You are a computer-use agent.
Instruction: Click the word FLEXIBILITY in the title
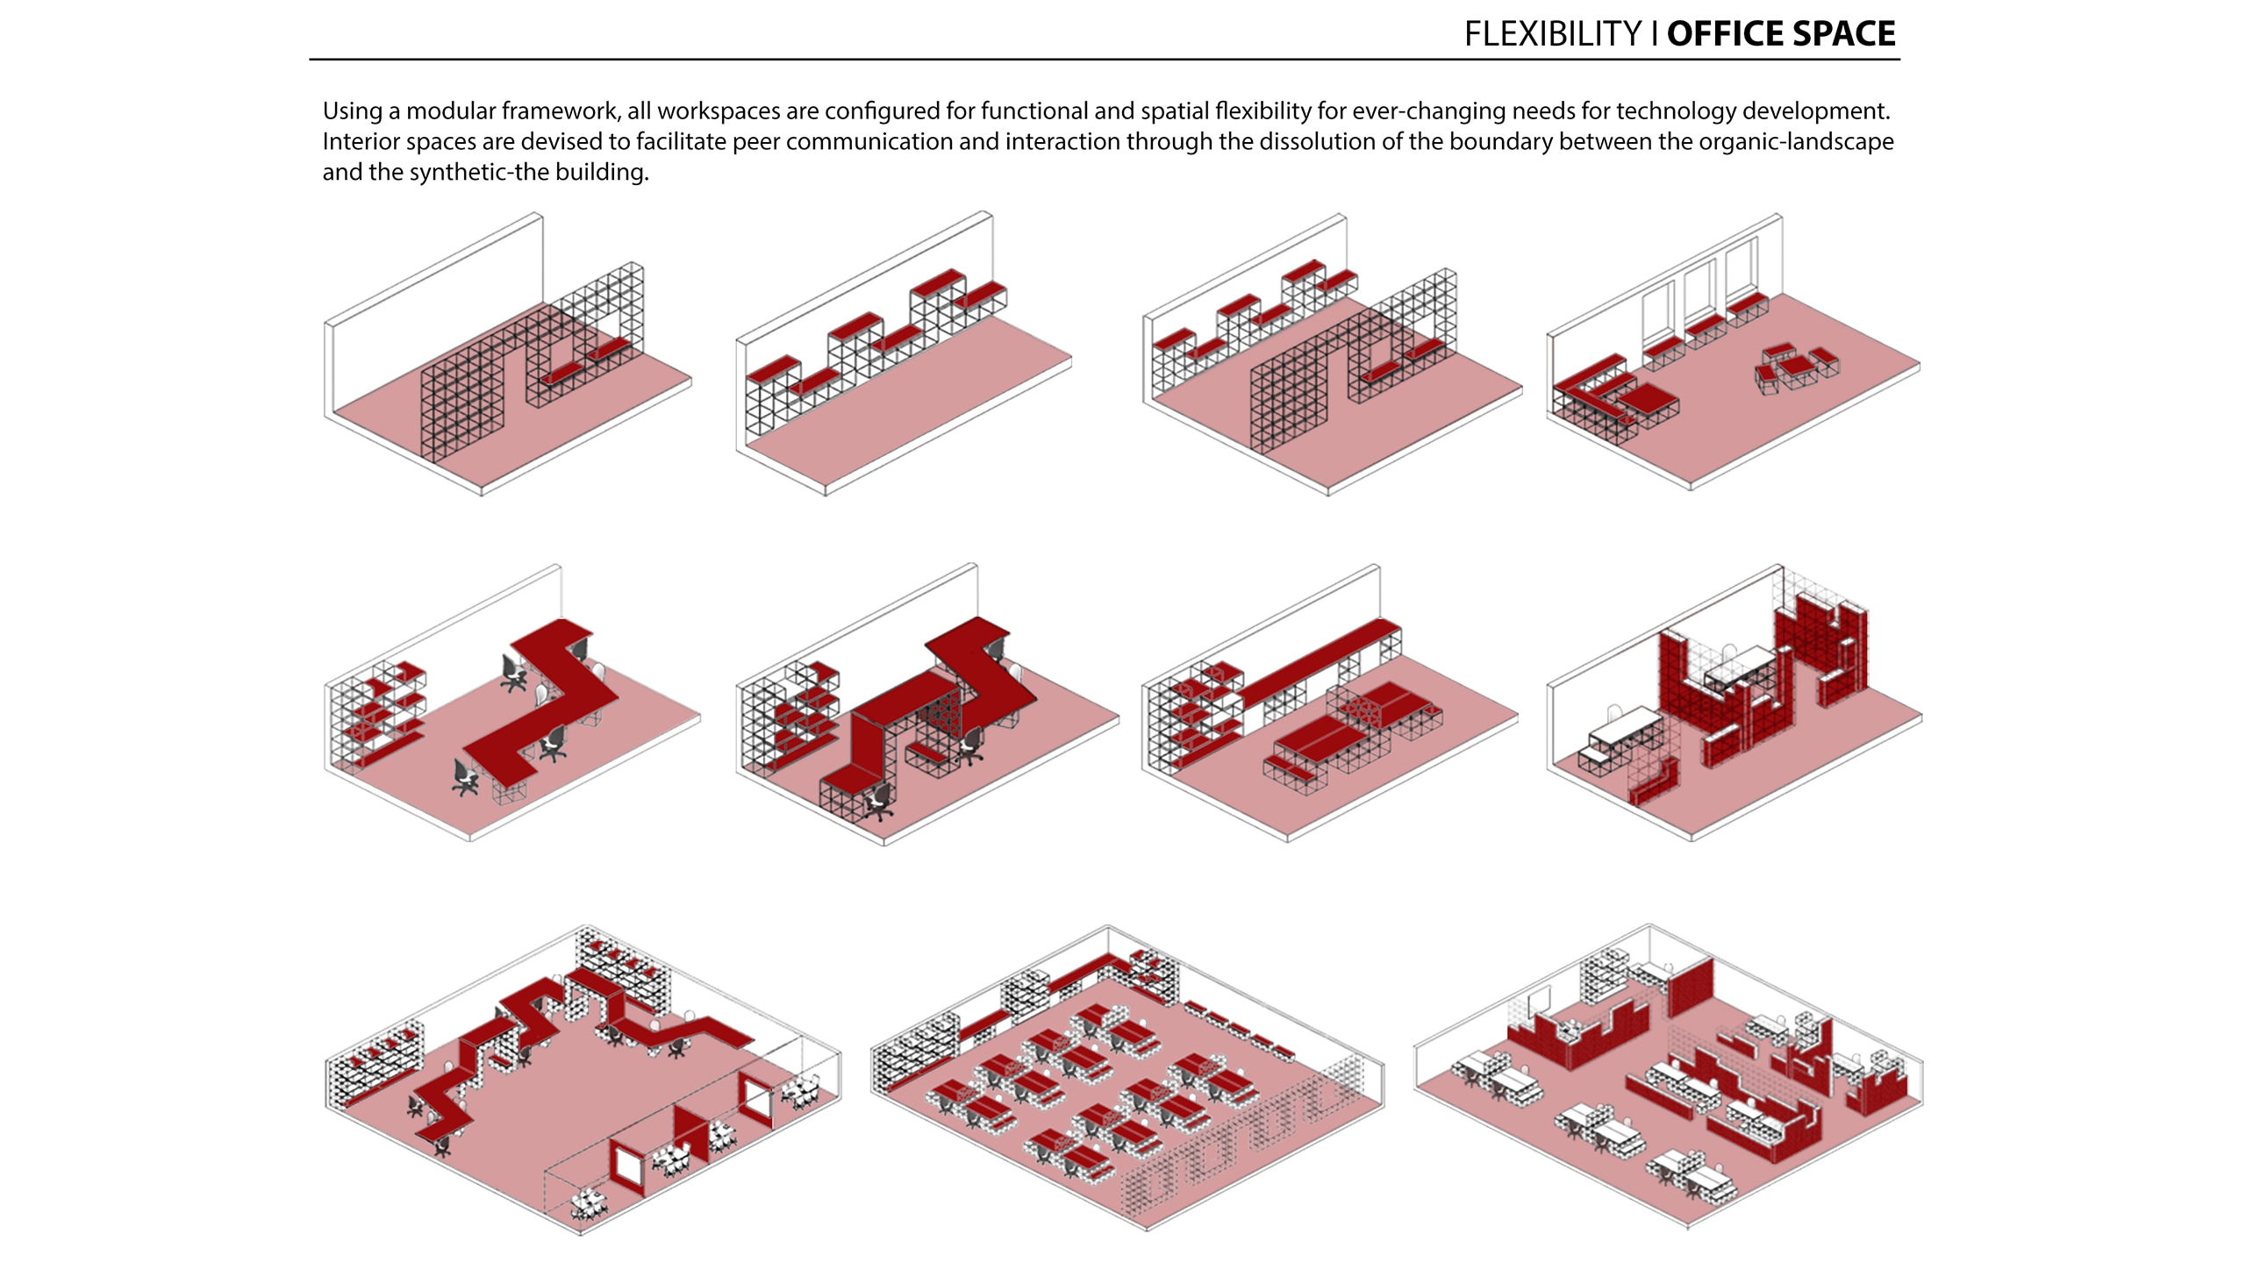point(1552,34)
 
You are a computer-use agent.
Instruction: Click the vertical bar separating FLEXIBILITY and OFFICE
point(1655,34)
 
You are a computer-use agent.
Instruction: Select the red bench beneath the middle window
point(1706,327)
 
